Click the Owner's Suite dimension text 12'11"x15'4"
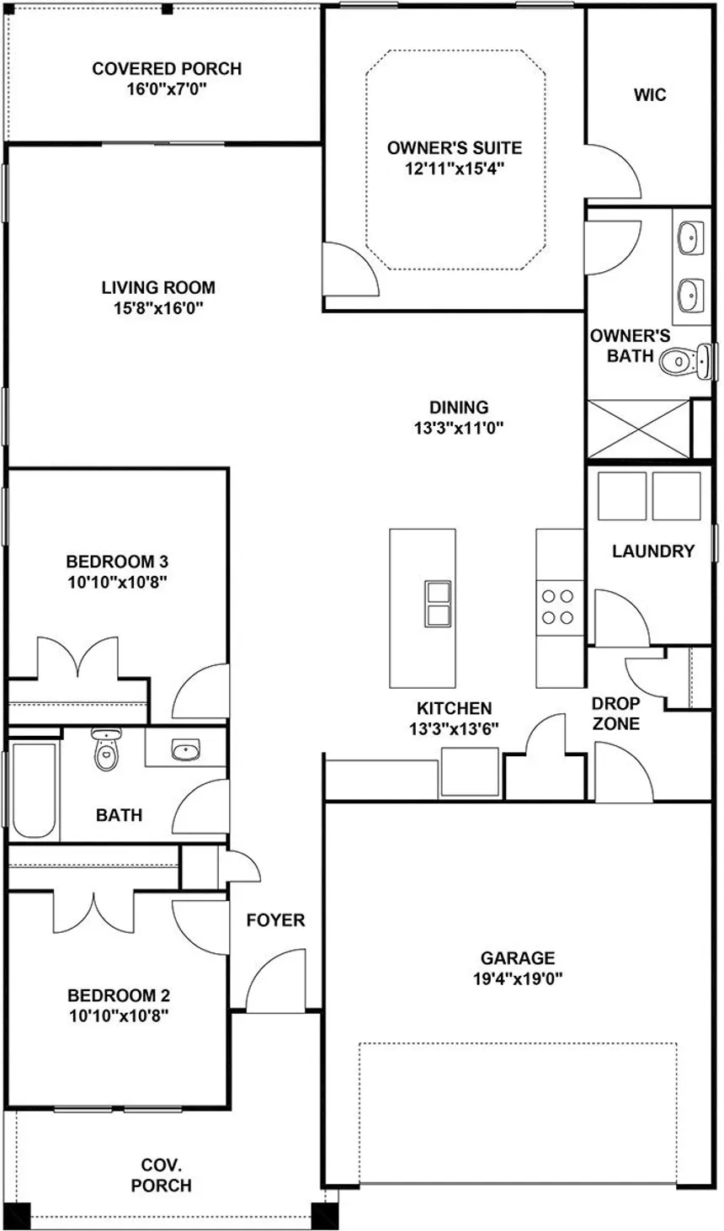[x=454, y=168]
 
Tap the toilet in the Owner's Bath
[x=679, y=362]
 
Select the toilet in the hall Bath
[x=105, y=751]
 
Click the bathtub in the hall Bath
[x=34, y=789]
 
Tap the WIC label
[x=650, y=94]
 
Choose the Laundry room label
[x=652, y=552]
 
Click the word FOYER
[x=275, y=920]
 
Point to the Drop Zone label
[x=615, y=713]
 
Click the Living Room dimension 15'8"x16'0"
[x=158, y=308]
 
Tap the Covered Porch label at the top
[x=167, y=69]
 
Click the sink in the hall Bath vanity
[x=185, y=749]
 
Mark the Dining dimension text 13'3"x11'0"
[x=458, y=428]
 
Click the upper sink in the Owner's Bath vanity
[x=690, y=237]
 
